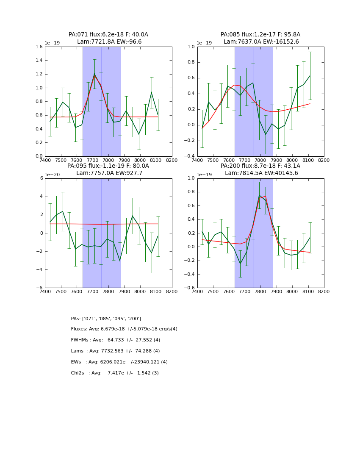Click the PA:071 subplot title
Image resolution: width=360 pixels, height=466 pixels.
pyautogui.click(x=108, y=35)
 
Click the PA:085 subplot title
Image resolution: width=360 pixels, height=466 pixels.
pyautogui.click(x=260, y=35)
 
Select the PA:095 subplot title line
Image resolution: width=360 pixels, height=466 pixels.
pyautogui.click(x=108, y=166)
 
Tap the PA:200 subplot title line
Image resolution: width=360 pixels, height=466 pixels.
pyautogui.click(x=260, y=166)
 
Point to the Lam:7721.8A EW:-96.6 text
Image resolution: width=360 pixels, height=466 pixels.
pyautogui.click(x=109, y=42)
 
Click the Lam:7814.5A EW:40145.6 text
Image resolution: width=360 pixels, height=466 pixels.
pyautogui.click(x=261, y=173)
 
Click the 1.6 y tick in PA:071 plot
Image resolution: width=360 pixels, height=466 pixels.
pyautogui.click(x=38, y=47)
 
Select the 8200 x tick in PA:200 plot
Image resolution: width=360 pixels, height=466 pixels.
pyautogui.click(x=324, y=291)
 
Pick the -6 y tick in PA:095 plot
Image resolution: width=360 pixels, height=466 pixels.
pyautogui.click(x=40, y=288)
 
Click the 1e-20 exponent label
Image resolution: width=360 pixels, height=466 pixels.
pyautogui.click(x=52, y=175)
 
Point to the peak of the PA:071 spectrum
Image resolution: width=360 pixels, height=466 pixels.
pyautogui.click(x=94, y=74)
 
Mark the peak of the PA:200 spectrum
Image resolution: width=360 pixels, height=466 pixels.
pyautogui.click(x=259, y=195)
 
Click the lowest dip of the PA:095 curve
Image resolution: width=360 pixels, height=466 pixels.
pyautogui.click(x=120, y=261)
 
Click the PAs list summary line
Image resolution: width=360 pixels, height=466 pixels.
pyautogui.click(x=106, y=319)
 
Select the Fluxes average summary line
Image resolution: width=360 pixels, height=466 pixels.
pyautogui.click(x=124, y=329)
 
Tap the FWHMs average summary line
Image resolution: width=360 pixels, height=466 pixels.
pyautogui.click(x=116, y=340)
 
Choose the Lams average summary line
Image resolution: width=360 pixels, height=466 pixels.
pyautogui.click(x=115, y=351)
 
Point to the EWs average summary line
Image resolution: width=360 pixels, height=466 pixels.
pyautogui.click(x=119, y=362)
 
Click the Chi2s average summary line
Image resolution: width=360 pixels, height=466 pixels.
pyautogui.click(x=115, y=373)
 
